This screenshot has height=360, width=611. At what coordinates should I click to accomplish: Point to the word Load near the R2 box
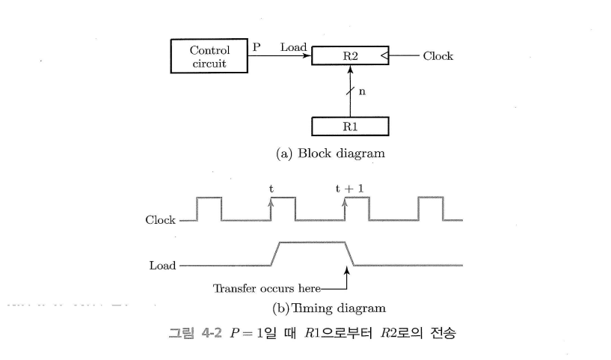click(x=293, y=47)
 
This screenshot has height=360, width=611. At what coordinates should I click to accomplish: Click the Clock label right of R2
click(x=438, y=56)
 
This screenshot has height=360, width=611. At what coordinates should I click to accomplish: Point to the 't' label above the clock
click(x=271, y=189)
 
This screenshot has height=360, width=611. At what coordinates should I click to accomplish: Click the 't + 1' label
click(x=349, y=189)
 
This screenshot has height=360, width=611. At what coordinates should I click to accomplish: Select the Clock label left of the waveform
click(x=161, y=221)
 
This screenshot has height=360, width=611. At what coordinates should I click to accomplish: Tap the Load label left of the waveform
click(x=163, y=266)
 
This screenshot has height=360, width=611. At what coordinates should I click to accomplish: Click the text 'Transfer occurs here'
click(x=267, y=288)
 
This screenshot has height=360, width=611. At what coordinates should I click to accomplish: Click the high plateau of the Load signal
click(x=311, y=242)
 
